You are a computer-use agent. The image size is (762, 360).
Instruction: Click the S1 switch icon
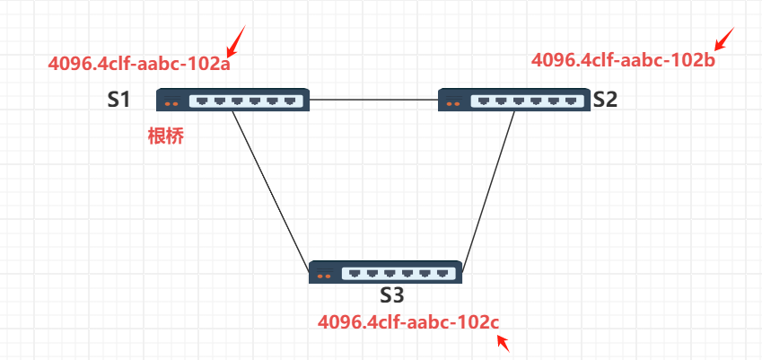pos(233,100)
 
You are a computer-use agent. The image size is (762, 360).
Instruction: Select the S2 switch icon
pos(513,100)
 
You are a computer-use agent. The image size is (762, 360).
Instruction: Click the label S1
pos(119,100)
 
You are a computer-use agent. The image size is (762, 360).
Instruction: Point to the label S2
pos(605,100)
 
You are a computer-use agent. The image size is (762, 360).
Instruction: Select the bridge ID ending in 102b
pos(623,60)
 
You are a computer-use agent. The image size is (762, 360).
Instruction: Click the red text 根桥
pos(166,136)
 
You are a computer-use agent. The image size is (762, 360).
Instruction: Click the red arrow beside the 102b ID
pos(723,39)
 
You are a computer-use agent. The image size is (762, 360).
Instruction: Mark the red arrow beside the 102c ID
pos(503,340)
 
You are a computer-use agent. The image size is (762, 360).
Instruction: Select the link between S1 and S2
pos(373,100)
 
